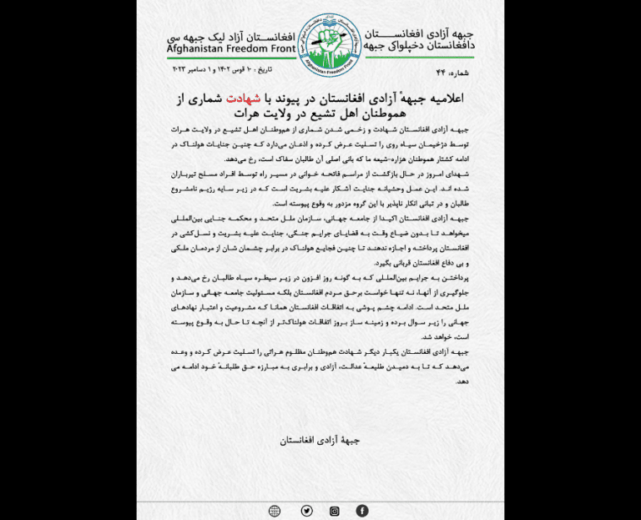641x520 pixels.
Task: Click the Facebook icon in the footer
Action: click(x=361, y=510)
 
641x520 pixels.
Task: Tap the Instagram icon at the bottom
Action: click(x=335, y=510)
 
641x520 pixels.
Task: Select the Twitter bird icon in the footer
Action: click(x=307, y=510)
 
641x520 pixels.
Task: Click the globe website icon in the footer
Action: click(x=275, y=510)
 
